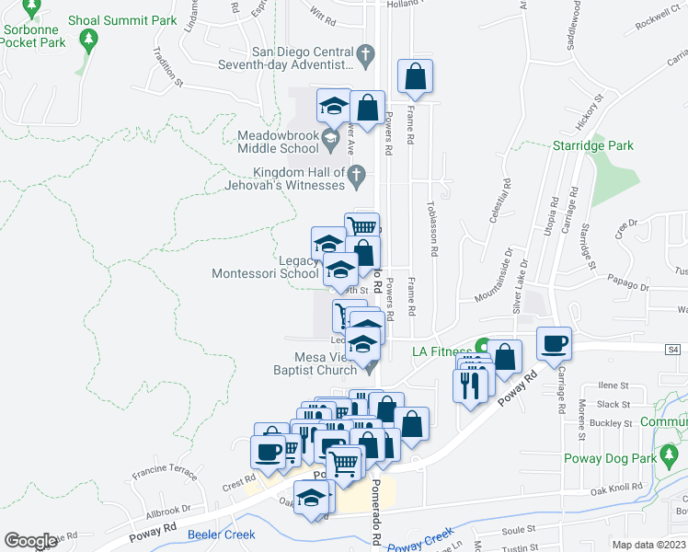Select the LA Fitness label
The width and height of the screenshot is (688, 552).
click(441, 351)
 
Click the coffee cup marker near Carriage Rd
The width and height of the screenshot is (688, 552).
click(555, 343)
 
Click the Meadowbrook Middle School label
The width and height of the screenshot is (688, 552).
click(277, 141)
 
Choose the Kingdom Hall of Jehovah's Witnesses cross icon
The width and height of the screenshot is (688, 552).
click(358, 174)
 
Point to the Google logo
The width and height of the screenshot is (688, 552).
click(30, 541)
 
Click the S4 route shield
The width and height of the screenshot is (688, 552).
click(673, 349)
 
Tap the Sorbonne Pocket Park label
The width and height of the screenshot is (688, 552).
click(33, 36)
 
